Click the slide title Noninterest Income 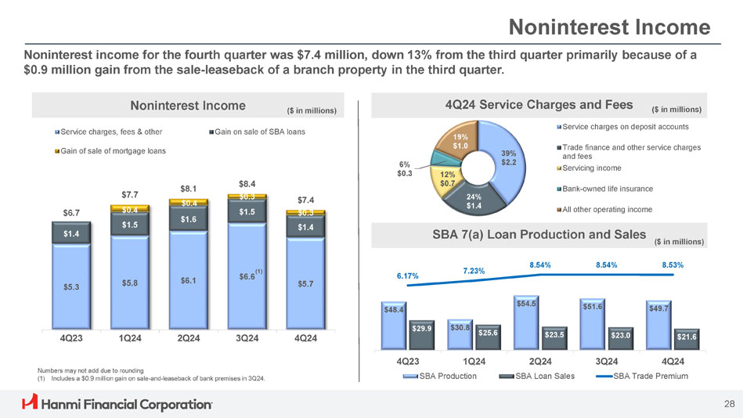[609, 28]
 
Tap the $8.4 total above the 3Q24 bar [247, 184]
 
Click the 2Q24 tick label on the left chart [188, 338]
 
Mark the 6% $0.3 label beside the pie [404, 168]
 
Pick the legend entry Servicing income [593, 168]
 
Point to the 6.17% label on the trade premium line [407, 276]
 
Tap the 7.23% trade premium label [474, 271]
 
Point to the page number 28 [729, 404]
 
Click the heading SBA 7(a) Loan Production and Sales [539, 234]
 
